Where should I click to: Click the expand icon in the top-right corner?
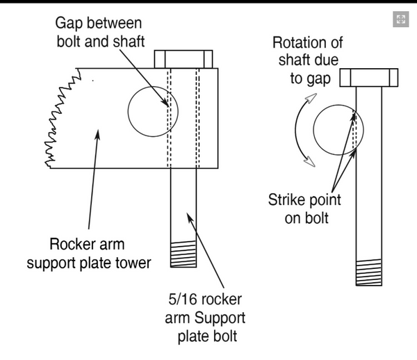(400, 19)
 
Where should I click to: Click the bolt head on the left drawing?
(183, 58)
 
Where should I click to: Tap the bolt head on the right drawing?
(368, 77)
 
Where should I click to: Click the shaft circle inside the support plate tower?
(152, 111)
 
